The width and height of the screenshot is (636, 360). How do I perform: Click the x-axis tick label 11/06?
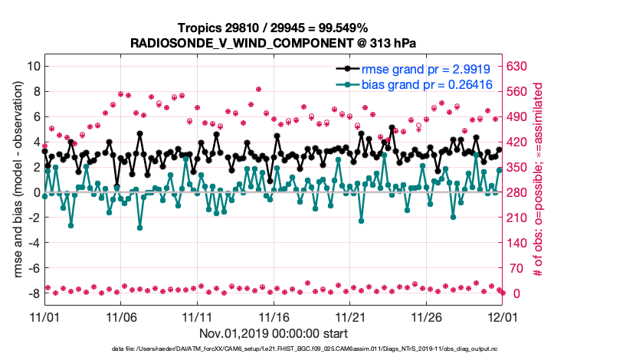[121, 316]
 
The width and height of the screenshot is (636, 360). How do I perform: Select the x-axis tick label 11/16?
[274, 316]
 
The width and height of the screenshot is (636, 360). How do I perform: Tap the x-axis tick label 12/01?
[502, 316]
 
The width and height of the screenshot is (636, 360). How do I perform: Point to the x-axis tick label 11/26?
[426, 316]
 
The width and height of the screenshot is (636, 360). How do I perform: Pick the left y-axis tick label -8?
[32, 293]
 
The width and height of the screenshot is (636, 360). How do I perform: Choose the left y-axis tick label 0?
[36, 192]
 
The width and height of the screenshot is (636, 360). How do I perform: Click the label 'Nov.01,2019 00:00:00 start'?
[274, 334]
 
